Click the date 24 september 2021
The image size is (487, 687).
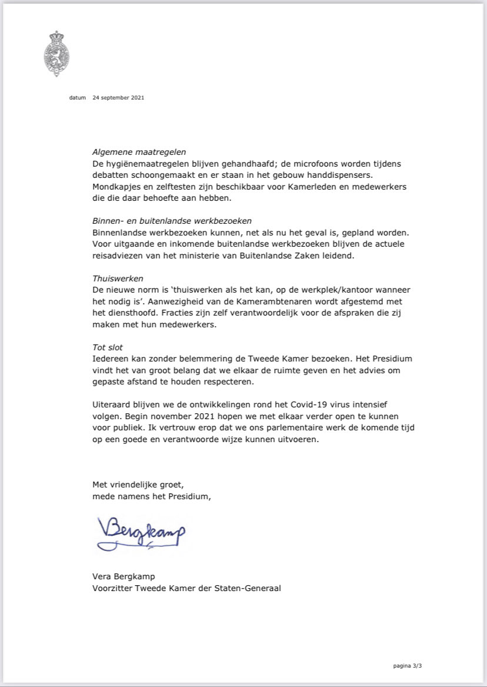pyautogui.click(x=118, y=98)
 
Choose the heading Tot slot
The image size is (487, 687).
pyautogui.click(x=108, y=347)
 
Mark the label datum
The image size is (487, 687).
pyautogui.click(x=77, y=98)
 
